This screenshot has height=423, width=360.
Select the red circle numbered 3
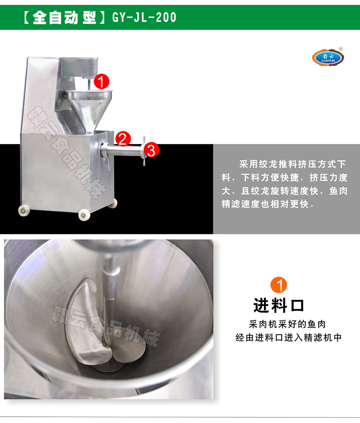point(150,150)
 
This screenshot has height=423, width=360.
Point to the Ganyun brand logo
point(327,58)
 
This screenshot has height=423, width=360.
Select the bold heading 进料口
point(279,305)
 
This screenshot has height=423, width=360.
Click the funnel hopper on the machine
point(89,103)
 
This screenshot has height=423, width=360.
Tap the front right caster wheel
point(84,215)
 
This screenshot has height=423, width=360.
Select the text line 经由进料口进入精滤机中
point(288,338)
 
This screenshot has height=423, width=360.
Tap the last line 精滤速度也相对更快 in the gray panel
point(274,204)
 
